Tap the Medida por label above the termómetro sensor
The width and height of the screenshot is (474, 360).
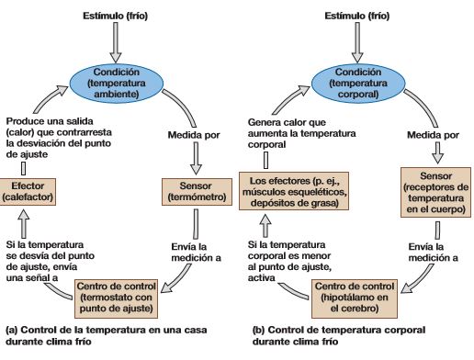click(192, 134)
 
